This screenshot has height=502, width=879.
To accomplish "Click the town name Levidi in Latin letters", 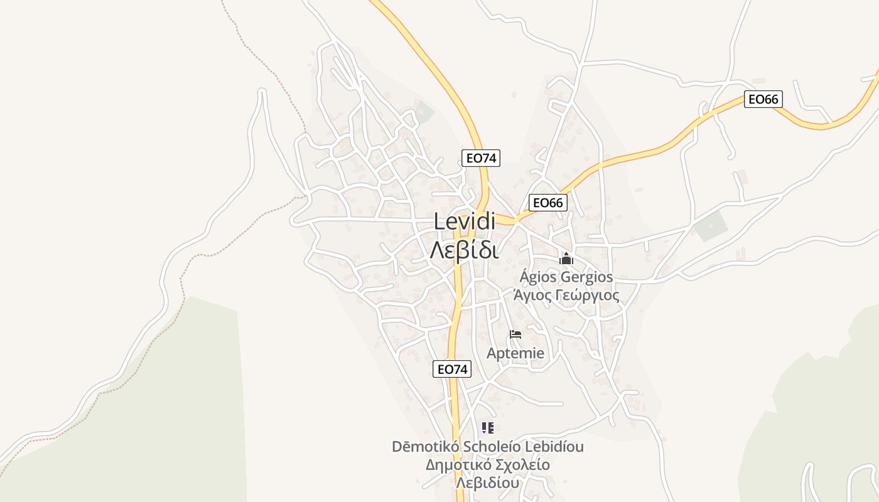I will tap(465, 222).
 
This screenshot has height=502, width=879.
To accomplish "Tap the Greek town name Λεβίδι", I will tap(465, 249).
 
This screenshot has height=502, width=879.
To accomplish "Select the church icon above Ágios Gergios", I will tap(566, 259).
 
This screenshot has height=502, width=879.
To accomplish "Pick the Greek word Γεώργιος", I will tap(588, 296).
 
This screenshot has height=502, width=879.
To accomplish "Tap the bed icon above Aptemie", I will tap(515, 334).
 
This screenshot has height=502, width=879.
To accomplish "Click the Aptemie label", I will tap(515, 353).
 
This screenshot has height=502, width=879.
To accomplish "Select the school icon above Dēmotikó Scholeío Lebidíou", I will tap(488, 429).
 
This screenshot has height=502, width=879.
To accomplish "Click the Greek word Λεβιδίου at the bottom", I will tap(488, 483).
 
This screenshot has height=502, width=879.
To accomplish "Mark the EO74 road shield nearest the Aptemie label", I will tap(452, 369).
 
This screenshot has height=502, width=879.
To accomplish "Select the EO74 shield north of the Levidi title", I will tap(481, 158).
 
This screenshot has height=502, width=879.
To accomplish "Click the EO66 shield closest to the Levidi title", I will tap(548, 202).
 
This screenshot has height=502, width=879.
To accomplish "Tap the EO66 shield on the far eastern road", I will tap(763, 99).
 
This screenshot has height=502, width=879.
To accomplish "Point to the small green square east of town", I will tap(711, 226).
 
